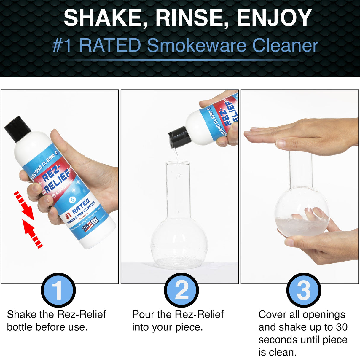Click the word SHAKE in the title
(101, 18)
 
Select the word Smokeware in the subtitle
(197, 45)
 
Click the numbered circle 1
(58, 290)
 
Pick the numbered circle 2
(181, 290)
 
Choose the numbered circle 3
(304, 290)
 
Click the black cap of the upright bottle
(17, 129)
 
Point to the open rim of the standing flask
(177, 163)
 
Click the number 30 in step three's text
(342, 327)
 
